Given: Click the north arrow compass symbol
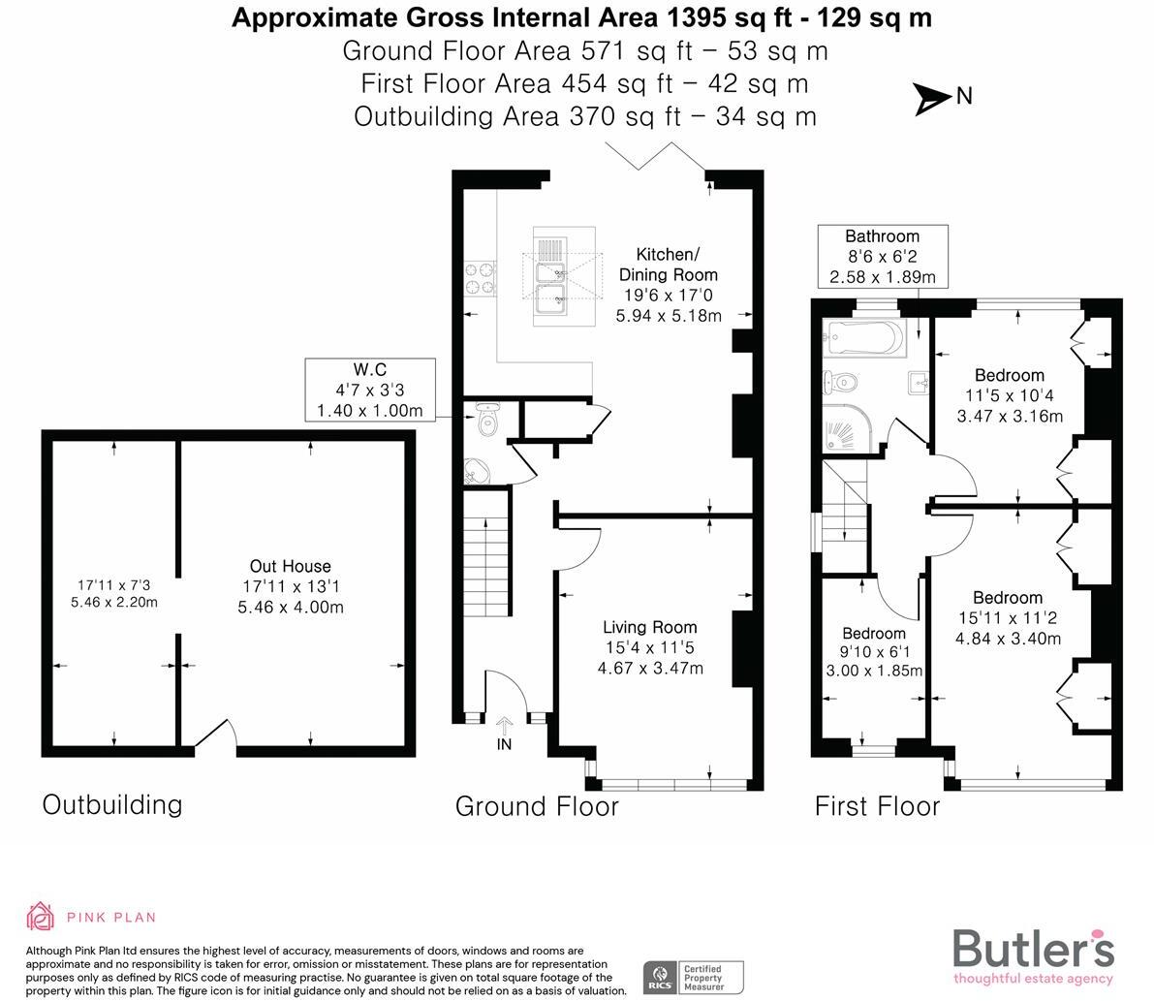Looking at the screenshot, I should pyautogui.click(x=933, y=98).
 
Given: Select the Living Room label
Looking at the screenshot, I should pyautogui.click(x=650, y=647).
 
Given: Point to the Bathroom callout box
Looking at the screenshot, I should pyautogui.click(x=882, y=257).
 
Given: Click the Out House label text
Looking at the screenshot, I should pyautogui.click(x=291, y=586).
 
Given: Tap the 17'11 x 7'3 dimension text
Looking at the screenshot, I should pyautogui.click(x=113, y=593).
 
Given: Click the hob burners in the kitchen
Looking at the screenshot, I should pyautogui.click(x=479, y=277).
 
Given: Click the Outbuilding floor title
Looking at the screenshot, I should pyautogui.click(x=111, y=804).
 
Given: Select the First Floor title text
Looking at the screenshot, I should pyautogui.click(x=877, y=806).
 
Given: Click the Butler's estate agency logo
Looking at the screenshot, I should pyautogui.click(x=1033, y=954).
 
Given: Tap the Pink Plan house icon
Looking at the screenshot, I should pyautogui.click(x=41, y=916).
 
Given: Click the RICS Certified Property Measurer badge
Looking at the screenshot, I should pyautogui.click(x=694, y=977).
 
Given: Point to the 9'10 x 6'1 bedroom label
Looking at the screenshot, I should pyautogui.click(x=874, y=652).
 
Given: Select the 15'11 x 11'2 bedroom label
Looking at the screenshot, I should pyautogui.click(x=1008, y=618).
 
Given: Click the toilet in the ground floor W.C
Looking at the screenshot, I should pyautogui.click(x=487, y=422).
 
